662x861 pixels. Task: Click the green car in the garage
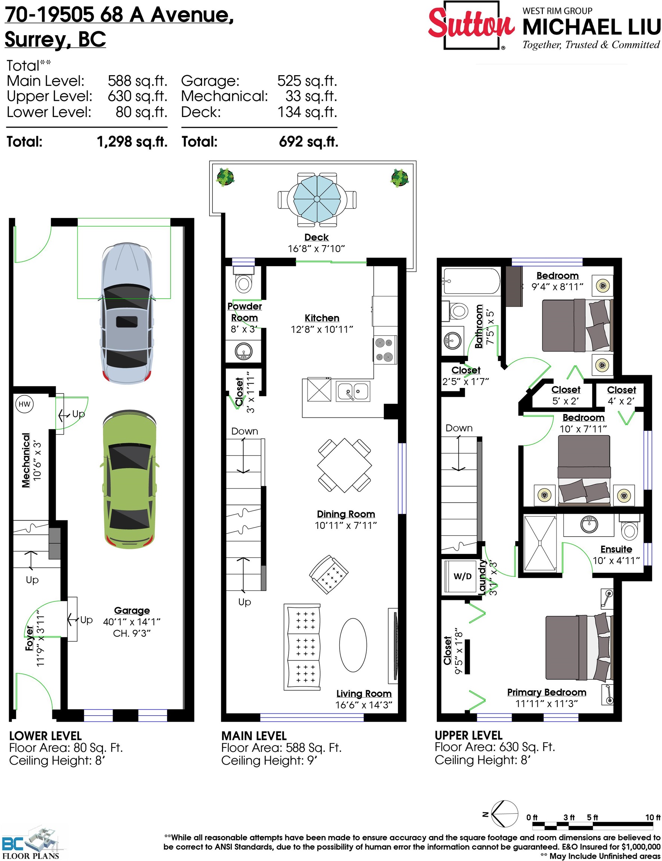tap(130, 479)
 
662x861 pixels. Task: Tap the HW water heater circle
tap(24, 404)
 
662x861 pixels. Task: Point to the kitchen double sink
tap(353, 391)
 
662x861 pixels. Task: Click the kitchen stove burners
tap(385, 350)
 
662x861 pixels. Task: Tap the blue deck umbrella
tap(317, 199)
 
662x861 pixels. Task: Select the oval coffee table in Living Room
tap(353, 645)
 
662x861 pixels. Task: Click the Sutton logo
tap(471, 25)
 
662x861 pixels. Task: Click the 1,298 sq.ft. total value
tap(132, 142)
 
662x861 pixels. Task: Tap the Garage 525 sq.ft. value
tap(307, 81)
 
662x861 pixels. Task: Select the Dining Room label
tap(346, 514)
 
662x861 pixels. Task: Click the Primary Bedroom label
tap(546, 692)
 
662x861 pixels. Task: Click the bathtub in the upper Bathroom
tap(471, 281)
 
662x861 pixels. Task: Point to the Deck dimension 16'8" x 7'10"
tap(316, 249)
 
